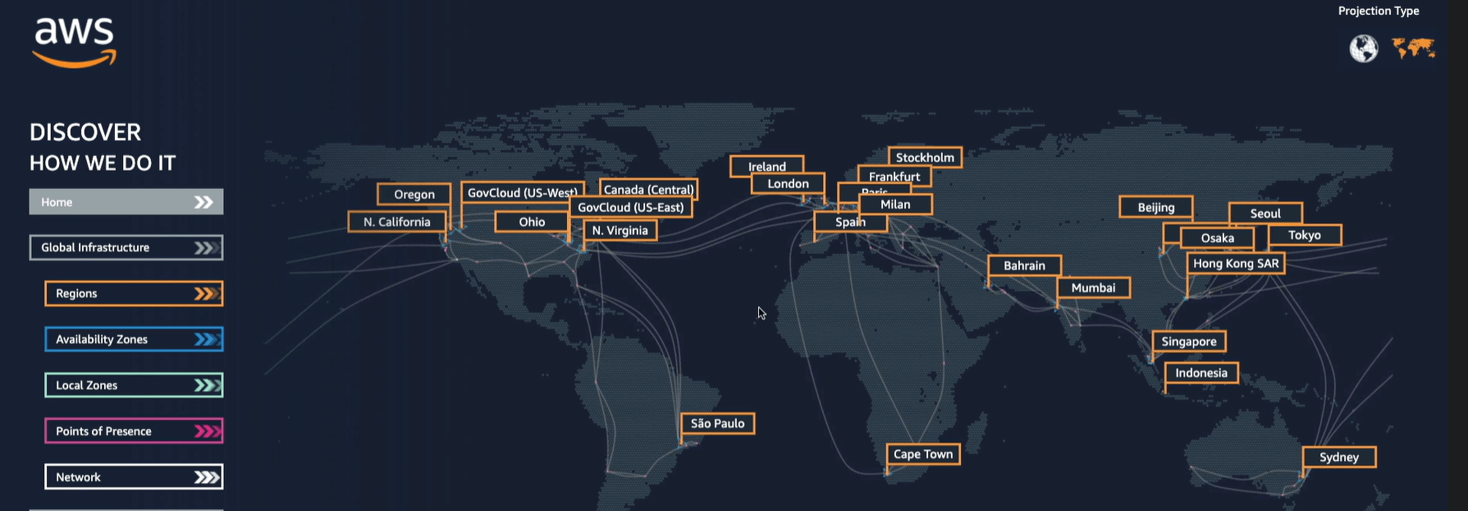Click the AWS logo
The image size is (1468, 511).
pyautogui.click(x=75, y=42)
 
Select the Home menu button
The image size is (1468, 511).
pyautogui.click(x=126, y=202)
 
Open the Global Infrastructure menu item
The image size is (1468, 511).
pyautogui.click(x=126, y=248)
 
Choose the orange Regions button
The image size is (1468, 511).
pyautogui.click(x=134, y=293)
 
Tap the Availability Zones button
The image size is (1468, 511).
pyautogui.click(x=134, y=339)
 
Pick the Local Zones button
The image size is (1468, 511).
pyautogui.click(x=134, y=385)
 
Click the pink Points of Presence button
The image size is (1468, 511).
pyautogui.click(x=134, y=431)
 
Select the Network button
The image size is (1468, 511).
pyautogui.click(x=134, y=477)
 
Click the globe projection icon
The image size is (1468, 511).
pyautogui.click(x=1364, y=48)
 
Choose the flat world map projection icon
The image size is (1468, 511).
pyautogui.click(x=1414, y=48)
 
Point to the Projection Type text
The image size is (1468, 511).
pyautogui.click(x=1379, y=11)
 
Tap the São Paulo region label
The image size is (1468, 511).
pyautogui.click(x=718, y=424)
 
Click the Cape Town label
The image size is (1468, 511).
pyautogui.click(x=923, y=454)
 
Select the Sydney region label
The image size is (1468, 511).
pyautogui.click(x=1339, y=458)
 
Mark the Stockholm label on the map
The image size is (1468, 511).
pyautogui.click(x=925, y=158)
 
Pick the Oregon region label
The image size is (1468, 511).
pyautogui.click(x=414, y=195)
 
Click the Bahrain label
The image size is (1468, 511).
pyautogui.click(x=1024, y=266)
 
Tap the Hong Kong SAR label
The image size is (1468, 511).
pyautogui.click(x=1236, y=264)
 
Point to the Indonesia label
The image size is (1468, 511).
pyautogui.click(x=1201, y=373)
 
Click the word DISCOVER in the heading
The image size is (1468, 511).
pyautogui.click(x=85, y=132)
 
